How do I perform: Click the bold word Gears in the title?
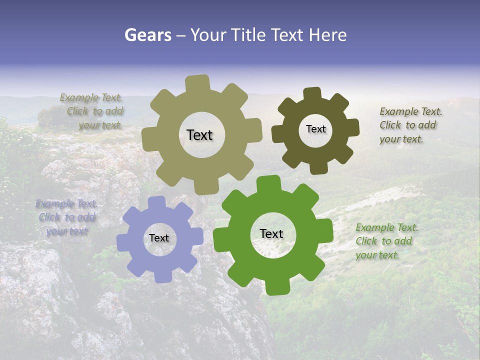pyautogui.click(x=147, y=35)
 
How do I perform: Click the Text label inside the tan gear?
pyautogui.click(x=199, y=135)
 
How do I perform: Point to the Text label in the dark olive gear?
pyautogui.click(x=315, y=129)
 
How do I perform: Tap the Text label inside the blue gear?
pyautogui.click(x=159, y=238)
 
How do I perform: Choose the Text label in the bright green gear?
pyautogui.click(x=271, y=233)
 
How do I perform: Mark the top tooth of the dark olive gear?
pyautogui.click(x=312, y=94)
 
